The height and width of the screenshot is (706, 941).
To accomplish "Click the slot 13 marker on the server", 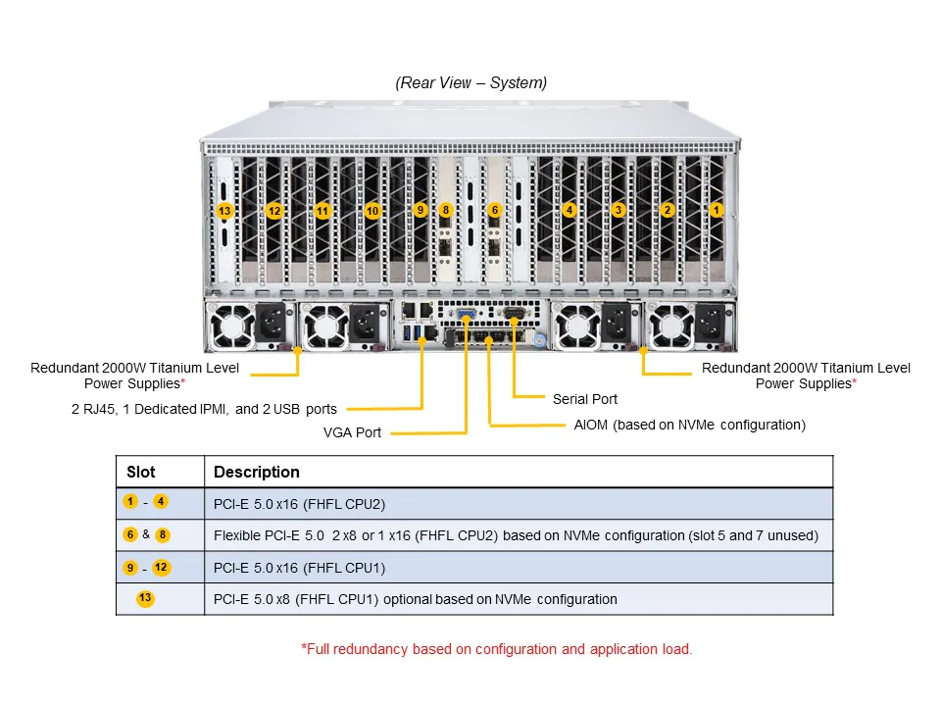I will [224, 211].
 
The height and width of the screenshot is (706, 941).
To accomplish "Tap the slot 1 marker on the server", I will [717, 210].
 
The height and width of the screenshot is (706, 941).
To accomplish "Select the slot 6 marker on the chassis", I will [495, 210].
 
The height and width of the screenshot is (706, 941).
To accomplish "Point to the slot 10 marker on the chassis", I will [372, 211].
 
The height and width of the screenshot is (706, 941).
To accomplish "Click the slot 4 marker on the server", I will [569, 210].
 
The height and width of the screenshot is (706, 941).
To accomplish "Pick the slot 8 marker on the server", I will [446, 210].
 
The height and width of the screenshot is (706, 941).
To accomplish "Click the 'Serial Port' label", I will [585, 399].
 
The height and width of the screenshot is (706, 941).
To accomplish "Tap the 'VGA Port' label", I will [352, 432].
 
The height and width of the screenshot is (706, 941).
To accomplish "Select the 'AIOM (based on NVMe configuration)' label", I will [689, 425].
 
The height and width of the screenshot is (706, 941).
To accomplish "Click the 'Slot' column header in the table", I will [141, 472].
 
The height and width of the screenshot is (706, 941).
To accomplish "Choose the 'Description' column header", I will [257, 472].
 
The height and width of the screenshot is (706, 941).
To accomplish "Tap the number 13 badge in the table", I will [145, 598].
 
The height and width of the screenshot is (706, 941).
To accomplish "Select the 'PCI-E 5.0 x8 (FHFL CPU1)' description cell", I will [415, 599].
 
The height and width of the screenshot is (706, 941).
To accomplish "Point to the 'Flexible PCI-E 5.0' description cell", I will [516, 535].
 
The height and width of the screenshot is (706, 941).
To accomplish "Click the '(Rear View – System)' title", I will [471, 82].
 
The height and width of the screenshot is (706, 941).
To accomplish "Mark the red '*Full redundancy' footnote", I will [496, 649].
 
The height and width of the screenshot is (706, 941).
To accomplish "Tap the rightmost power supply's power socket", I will [709, 321].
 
